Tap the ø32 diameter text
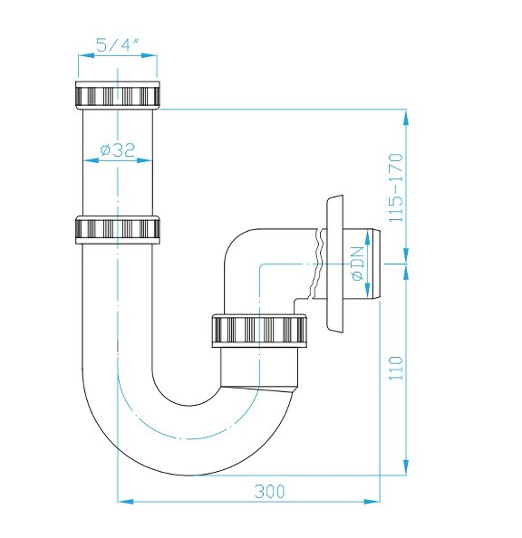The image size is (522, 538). coord(117,150)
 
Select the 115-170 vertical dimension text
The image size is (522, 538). coord(394,187)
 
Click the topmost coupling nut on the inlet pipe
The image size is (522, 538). coord(118,96)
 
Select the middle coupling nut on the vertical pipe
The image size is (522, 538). coord(118,229)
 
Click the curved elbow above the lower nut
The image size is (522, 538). coord(258,263)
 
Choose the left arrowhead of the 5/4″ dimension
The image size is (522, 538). coord(82,56)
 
